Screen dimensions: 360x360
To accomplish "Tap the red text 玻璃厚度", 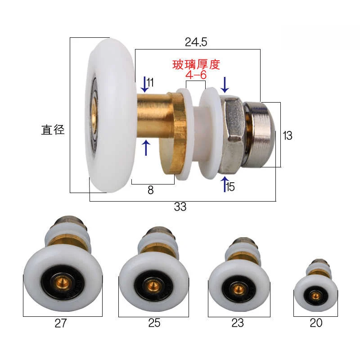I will click(196, 64).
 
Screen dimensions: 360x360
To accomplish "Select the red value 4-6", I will click(196, 75).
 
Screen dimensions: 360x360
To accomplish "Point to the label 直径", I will click(53, 130).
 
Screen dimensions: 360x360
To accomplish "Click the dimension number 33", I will click(180, 207).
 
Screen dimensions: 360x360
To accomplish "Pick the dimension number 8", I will click(150, 190).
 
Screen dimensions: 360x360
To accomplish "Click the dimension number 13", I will click(287, 135).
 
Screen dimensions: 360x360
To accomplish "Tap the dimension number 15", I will click(230, 187).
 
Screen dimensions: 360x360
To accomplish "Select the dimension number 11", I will click(150, 82).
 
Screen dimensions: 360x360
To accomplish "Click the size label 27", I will click(60, 324).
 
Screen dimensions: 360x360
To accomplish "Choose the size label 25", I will click(154, 324).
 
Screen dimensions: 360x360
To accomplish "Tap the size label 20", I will click(316, 324).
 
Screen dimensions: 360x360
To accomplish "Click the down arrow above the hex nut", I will click(225, 85).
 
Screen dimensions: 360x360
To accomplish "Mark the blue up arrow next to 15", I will click(224, 184).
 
